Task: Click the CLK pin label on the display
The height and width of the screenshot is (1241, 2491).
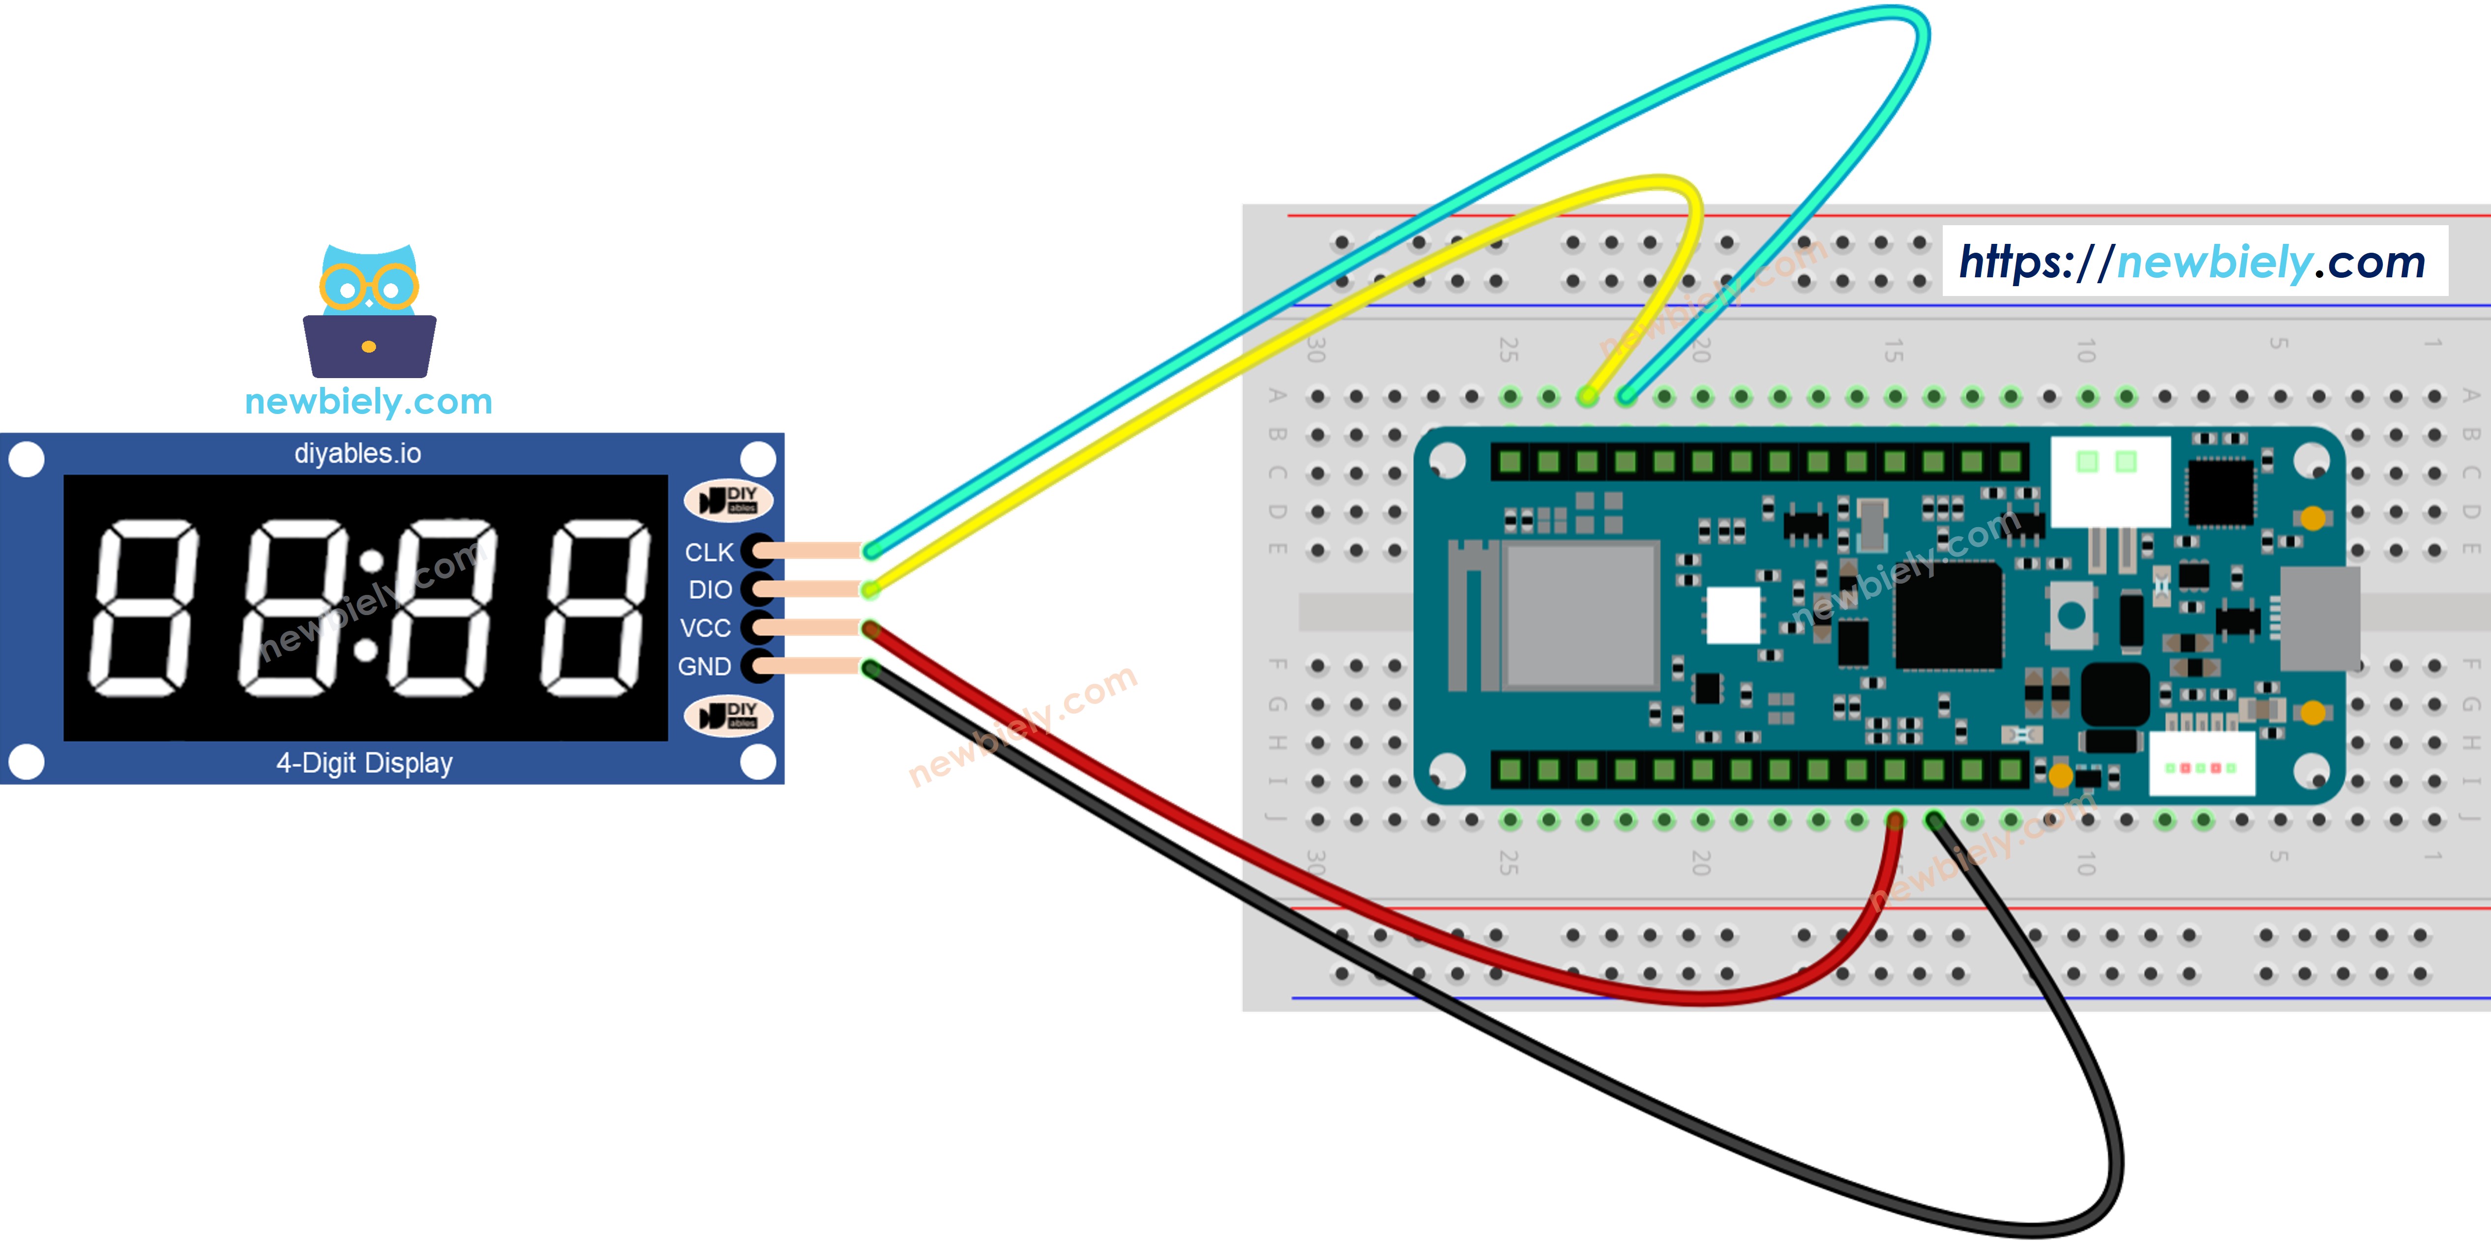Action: coord(709,552)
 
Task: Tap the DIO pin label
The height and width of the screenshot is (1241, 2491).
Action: coord(710,590)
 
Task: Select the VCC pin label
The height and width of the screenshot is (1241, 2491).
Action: coord(705,629)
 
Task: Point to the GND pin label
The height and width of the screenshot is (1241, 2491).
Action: coord(704,666)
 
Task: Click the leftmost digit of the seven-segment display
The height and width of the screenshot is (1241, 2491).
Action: coord(143,607)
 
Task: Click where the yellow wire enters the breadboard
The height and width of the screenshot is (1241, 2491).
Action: coord(1588,396)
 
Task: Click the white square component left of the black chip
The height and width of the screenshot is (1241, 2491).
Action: coord(1733,615)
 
